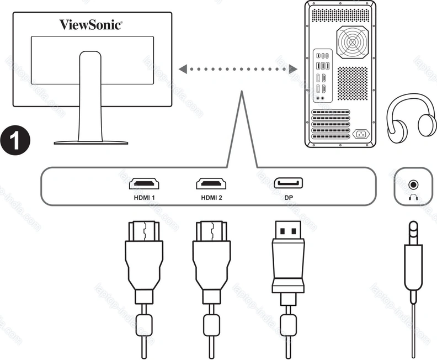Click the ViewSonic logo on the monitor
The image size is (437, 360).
91,24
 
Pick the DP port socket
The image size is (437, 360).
289,184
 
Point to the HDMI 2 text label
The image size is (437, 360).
212,198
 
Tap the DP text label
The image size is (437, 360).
289,198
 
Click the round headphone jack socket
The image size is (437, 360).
412,185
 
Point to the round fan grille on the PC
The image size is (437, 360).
351,41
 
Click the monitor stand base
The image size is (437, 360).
91,142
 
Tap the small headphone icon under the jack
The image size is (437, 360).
412,197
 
